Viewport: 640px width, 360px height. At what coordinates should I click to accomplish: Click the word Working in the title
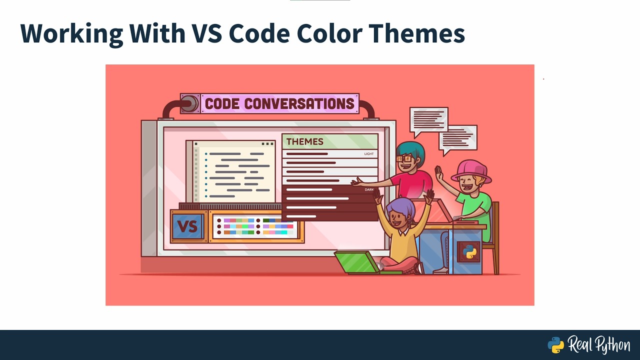(x=71, y=33)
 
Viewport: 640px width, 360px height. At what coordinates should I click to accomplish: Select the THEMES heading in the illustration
(x=304, y=141)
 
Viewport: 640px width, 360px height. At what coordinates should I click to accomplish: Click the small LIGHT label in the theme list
(x=369, y=154)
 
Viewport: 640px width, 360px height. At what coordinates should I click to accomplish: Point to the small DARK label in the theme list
(x=369, y=190)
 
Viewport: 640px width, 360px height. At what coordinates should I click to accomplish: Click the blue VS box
(x=187, y=226)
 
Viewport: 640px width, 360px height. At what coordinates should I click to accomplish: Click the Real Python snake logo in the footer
(x=556, y=345)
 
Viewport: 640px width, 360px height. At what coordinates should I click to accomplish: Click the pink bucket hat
(x=471, y=170)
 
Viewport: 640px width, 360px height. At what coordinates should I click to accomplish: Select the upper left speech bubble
(x=428, y=120)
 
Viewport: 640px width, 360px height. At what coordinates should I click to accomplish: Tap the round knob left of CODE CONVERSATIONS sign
(x=189, y=104)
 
